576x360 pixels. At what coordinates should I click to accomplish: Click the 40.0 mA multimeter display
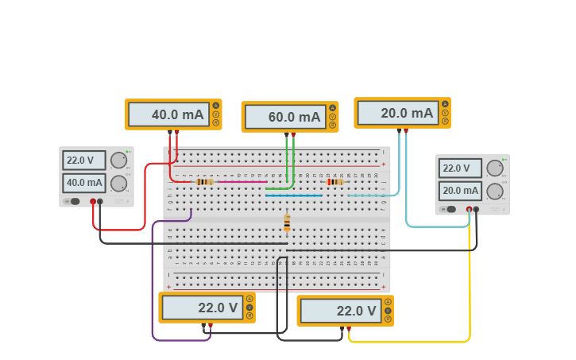168,114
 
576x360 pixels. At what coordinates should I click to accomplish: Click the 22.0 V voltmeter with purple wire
200,308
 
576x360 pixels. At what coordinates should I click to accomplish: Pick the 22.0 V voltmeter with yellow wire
338,311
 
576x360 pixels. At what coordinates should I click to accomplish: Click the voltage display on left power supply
83,161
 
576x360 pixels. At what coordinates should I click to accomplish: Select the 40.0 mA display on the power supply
83,184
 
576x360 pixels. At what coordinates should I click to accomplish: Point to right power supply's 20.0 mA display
460,191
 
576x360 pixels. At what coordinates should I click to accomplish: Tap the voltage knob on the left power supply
118,161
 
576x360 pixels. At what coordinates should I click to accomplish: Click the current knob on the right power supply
495,191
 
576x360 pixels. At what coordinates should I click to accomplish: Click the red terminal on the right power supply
470,209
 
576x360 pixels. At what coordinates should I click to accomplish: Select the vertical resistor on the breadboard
287,223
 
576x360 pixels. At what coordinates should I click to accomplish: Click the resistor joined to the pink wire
204,181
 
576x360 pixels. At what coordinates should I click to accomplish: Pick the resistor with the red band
334,181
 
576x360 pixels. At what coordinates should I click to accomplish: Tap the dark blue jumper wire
294,195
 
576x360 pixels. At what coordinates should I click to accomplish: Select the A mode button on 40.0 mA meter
215,106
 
